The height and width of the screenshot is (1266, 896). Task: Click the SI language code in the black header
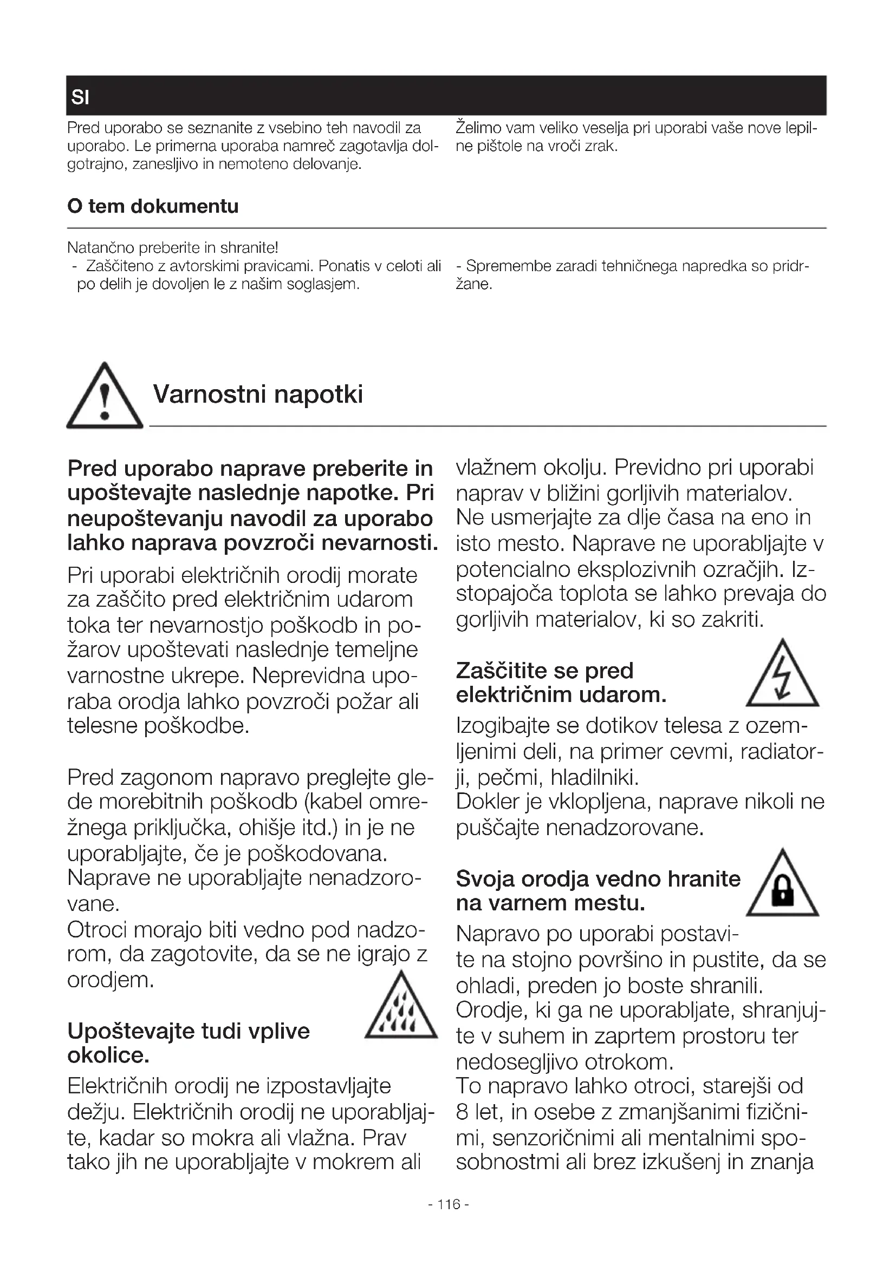coord(80,97)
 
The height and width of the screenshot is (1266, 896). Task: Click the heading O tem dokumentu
coord(153,206)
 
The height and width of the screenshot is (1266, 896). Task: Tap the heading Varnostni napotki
coord(258,394)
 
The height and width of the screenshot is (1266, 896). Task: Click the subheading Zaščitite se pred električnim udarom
coord(561,683)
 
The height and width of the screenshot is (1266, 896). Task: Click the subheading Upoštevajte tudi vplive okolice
coord(189,1042)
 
